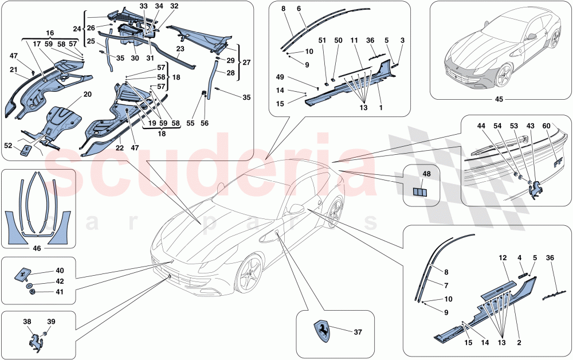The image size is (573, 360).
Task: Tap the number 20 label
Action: pyautogui.click(x=87, y=94)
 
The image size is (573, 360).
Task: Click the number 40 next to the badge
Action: pyautogui.click(x=60, y=270)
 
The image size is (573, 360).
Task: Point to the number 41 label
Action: pyautogui.click(x=60, y=292)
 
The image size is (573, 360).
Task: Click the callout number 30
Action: pyautogui.click(x=135, y=58)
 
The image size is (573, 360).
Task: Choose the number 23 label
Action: pyautogui.click(x=180, y=49)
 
